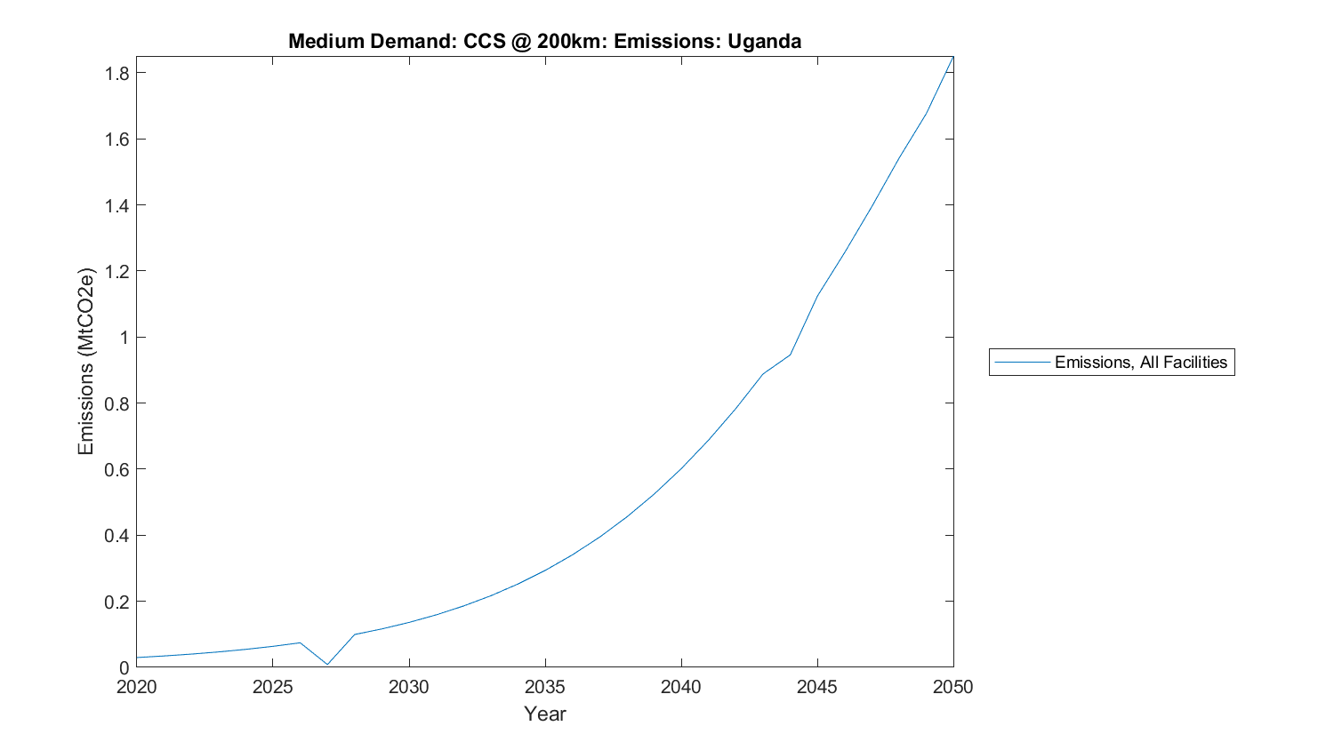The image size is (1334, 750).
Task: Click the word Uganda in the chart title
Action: pos(764,41)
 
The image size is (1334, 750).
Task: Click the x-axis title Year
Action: pos(544,714)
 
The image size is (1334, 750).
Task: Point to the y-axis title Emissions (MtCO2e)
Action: pos(85,361)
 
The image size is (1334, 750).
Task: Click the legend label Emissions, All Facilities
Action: pos(1140,363)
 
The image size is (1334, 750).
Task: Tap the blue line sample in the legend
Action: pos(1022,363)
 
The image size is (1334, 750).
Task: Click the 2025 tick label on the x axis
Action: pos(272,687)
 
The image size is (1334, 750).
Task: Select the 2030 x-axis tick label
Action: pos(408,687)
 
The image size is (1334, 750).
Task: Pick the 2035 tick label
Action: pos(544,687)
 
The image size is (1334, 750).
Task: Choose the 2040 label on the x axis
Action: pos(680,687)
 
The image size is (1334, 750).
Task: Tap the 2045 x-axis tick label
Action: pos(816,687)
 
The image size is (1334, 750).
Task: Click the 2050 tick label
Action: pos(952,687)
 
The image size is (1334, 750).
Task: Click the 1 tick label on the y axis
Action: pos(125,338)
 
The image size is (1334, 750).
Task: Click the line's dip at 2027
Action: pos(327,664)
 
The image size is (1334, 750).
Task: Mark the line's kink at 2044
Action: pos(790,355)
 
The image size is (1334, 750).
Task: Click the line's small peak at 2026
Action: pos(300,642)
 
